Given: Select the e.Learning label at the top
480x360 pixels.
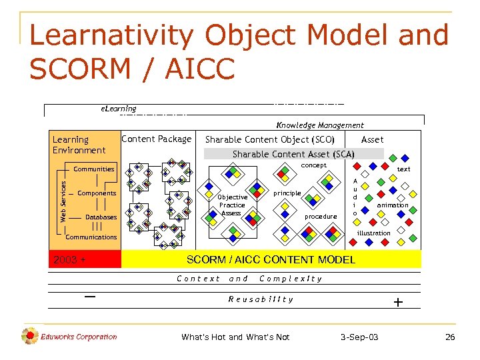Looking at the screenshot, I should pos(118,109).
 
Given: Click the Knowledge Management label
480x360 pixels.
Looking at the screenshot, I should pos(320,125).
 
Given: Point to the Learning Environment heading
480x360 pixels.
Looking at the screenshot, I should pos(79,145).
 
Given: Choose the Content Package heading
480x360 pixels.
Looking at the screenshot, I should pos(156,139).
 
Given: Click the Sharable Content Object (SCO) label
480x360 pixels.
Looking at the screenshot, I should pos(269,139).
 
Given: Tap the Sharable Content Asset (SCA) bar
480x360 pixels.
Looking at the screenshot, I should pos(293,154).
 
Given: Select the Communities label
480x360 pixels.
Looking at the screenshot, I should pos(94,169).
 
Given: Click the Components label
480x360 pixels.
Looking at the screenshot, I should pos(97,193).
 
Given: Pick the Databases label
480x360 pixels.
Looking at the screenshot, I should pos(101,217).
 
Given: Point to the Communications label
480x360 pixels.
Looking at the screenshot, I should pos(91,237).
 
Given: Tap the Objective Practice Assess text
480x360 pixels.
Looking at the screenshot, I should pos(232,205).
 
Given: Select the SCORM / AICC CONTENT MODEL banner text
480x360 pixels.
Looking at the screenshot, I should pos(271,259).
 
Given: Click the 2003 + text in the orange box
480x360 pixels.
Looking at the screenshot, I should pos(69,259).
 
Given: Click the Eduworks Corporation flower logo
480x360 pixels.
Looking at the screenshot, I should pos(29,336).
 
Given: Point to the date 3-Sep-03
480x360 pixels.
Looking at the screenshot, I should pos(359,337).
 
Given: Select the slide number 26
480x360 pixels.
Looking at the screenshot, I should pos(450,337).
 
